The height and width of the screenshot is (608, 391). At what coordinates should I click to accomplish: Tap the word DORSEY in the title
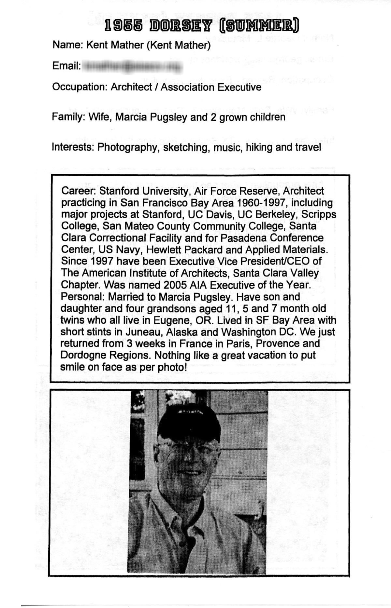[181, 26]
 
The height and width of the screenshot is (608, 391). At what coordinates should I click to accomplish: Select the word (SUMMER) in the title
[259, 26]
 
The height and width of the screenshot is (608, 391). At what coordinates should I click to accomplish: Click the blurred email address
[132, 66]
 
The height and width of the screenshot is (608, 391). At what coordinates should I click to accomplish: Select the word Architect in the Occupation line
[131, 87]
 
